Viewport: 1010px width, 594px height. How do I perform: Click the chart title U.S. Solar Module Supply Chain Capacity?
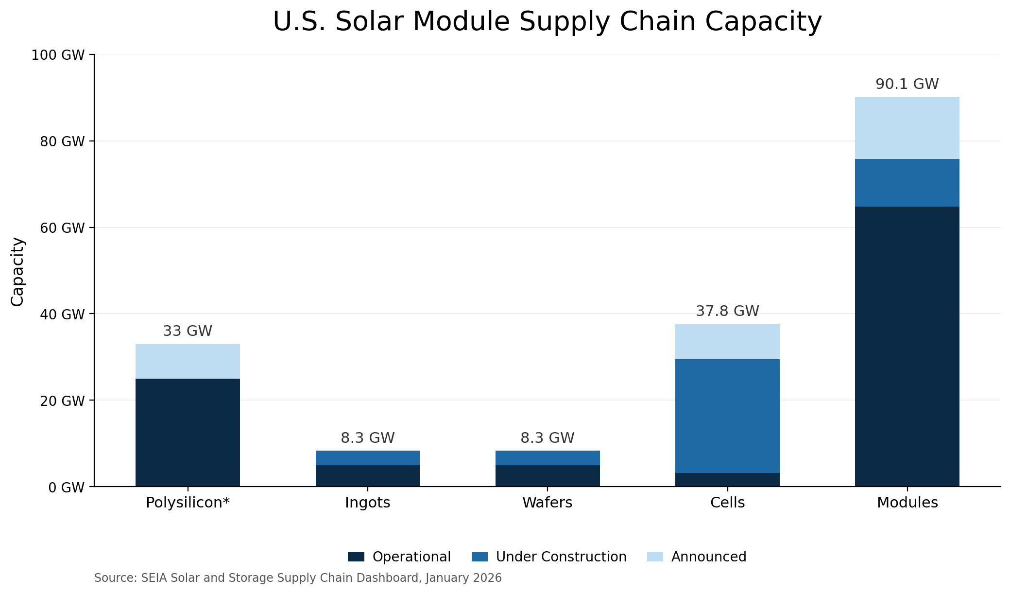547,22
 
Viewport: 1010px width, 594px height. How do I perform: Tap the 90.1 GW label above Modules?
907,84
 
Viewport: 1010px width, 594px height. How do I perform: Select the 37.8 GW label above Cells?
727,311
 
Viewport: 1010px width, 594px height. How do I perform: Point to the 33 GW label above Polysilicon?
188,331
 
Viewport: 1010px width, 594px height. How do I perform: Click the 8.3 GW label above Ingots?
368,438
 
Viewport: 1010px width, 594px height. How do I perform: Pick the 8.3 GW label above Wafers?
548,438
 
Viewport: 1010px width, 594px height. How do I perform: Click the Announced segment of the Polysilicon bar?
188,361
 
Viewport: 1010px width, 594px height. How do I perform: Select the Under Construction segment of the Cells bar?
727,416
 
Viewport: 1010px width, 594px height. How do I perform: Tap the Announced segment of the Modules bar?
907,128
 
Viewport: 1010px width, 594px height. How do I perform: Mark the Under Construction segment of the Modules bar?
907,183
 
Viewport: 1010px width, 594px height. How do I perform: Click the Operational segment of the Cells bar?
727,479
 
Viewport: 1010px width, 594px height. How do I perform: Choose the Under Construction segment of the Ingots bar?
368,458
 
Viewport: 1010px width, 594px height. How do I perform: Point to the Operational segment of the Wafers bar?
548,475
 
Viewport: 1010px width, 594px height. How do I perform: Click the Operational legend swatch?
356,557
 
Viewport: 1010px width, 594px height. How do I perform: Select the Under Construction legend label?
561,557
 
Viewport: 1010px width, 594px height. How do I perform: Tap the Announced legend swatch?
655,557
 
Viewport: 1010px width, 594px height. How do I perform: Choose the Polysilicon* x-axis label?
188,503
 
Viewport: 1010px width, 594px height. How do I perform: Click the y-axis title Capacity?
17,271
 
